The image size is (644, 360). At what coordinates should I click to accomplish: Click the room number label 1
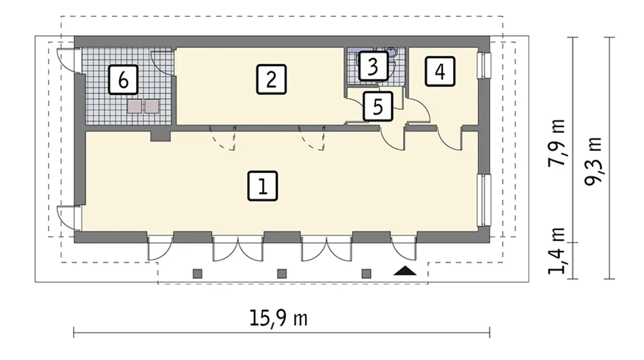click(x=263, y=186)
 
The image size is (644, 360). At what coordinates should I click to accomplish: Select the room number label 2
click(x=271, y=80)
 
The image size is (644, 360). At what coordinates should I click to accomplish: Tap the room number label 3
click(x=373, y=66)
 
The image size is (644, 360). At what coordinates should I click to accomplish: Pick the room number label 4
click(x=440, y=71)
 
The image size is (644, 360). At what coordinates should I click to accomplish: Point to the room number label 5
click(x=378, y=106)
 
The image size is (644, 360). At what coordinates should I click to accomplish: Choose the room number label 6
click(x=123, y=80)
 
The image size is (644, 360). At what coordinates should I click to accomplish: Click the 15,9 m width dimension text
click(x=278, y=318)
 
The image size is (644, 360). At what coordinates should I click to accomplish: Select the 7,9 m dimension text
click(x=556, y=142)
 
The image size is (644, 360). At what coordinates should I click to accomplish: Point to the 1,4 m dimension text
click(x=556, y=251)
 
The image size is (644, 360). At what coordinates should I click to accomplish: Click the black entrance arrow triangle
click(x=405, y=271)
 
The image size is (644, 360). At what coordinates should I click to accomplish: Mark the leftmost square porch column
click(x=198, y=274)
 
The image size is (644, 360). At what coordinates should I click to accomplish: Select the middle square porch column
click(x=282, y=274)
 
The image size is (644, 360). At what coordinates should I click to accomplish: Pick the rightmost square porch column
click(x=366, y=274)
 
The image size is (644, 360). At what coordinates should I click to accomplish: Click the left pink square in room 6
click(x=134, y=106)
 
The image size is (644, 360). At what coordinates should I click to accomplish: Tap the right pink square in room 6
click(x=152, y=106)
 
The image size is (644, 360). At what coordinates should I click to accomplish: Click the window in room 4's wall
click(x=484, y=65)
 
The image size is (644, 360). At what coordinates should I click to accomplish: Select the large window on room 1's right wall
click(x=484, y=200)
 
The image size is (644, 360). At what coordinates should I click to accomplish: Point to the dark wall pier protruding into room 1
click(x=160, y=136)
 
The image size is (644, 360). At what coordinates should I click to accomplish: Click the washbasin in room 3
click(x=391, y=52)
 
